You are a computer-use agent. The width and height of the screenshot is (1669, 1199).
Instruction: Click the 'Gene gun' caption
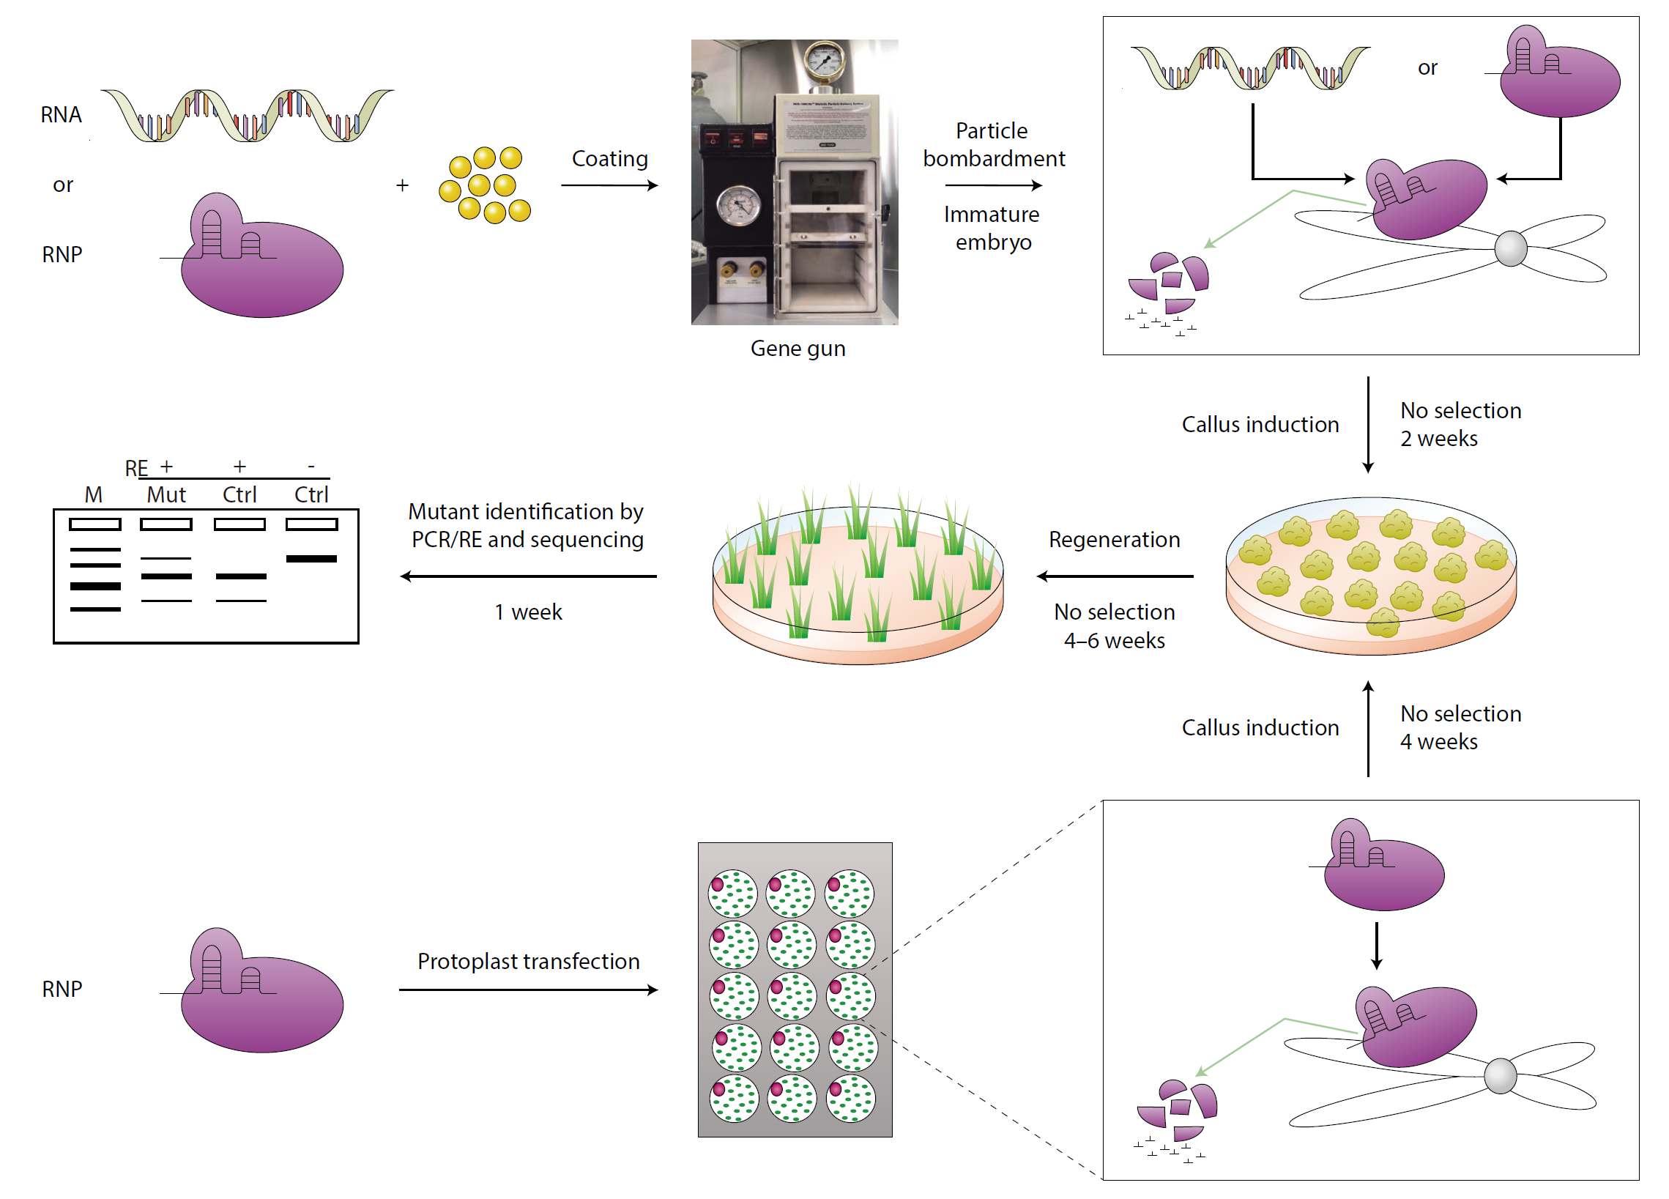798,348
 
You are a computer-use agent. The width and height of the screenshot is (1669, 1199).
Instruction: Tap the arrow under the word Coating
609,185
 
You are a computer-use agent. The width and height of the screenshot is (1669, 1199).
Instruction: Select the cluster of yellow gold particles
485,185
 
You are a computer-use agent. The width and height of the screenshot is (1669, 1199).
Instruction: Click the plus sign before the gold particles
402,185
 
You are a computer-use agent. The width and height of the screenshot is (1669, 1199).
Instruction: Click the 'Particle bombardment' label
994,144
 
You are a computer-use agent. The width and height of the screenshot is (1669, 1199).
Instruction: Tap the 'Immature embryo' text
992,229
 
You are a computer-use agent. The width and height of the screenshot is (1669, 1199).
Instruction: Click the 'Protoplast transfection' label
528,961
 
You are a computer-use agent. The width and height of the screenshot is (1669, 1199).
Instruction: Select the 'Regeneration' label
1114,540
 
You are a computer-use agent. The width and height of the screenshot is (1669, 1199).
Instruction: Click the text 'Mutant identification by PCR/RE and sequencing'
527,526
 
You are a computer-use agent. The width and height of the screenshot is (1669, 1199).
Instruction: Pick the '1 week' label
527,612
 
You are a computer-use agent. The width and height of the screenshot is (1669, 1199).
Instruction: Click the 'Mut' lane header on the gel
166,494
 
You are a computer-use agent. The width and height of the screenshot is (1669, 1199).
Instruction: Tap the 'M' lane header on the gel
94,494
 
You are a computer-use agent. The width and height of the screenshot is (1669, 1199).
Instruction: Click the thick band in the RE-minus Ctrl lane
311,559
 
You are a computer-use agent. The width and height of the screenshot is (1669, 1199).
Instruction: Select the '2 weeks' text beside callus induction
1438,439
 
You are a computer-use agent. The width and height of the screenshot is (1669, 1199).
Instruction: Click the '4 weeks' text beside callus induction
1438,742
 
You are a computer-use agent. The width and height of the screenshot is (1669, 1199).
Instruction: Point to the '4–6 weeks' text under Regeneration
1114,641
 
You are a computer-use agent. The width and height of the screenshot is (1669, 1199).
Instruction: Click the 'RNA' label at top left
61,115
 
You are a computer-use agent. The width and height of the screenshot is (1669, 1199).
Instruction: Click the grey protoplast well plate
795,990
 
